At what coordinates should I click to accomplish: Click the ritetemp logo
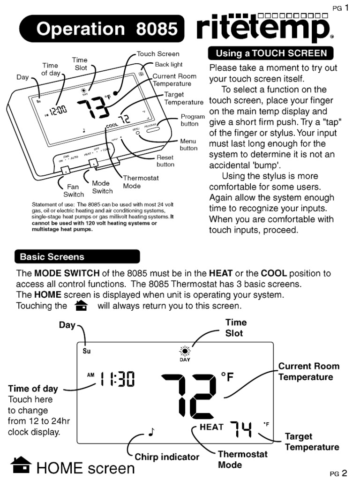261,29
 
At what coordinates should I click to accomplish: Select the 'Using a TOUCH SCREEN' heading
271,53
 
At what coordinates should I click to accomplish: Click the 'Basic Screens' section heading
77,257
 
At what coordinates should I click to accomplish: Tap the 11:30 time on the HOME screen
116,379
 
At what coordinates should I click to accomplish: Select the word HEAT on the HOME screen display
212,427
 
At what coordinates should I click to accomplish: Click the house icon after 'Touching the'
81,306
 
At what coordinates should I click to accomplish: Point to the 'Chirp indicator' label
167,457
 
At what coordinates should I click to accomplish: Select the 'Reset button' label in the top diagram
165,161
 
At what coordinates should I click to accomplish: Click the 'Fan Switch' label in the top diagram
74,190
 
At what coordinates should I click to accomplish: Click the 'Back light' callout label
168,64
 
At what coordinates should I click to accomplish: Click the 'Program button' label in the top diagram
193,120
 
